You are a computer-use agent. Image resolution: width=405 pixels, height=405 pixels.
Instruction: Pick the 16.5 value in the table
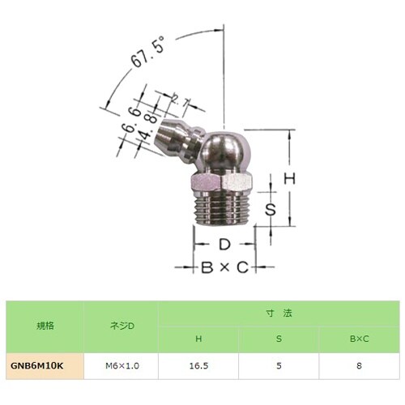[198, 366]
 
